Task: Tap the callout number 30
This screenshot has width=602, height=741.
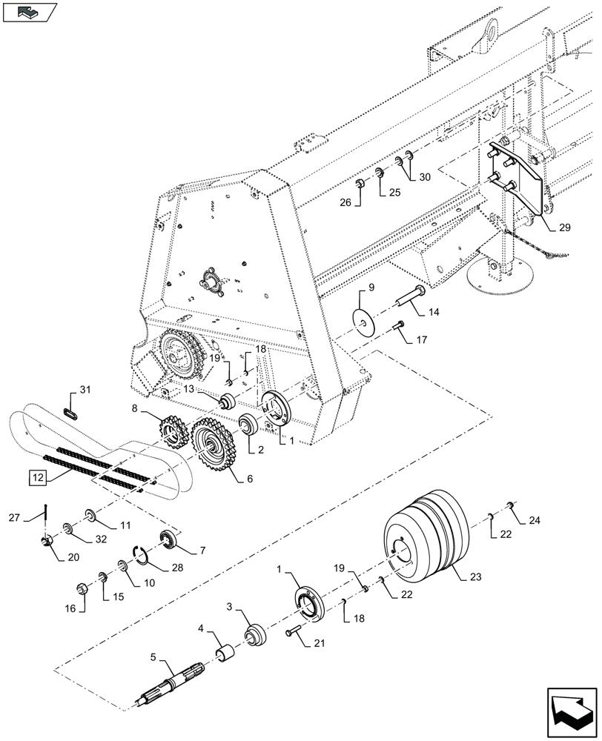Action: point(423,177)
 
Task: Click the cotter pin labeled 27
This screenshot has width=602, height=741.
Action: point(46,511)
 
